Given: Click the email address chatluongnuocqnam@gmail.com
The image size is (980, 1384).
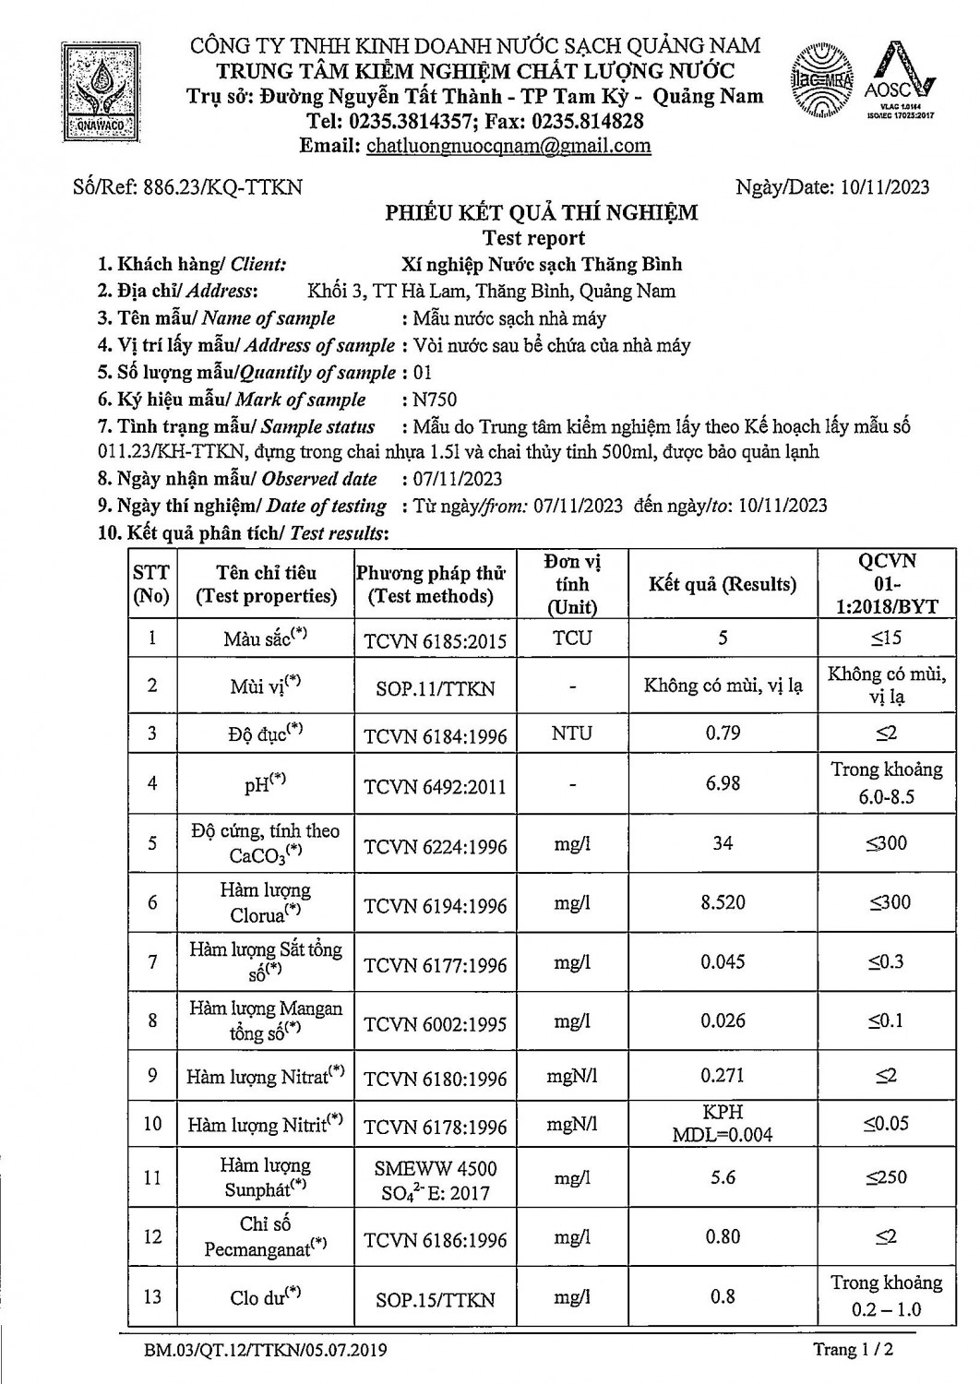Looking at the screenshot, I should [x=508, y=146].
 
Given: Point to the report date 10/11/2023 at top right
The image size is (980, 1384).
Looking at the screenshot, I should [x=886, y=187].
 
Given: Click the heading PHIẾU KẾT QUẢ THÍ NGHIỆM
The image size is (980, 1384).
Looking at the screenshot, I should [x=541, y=213].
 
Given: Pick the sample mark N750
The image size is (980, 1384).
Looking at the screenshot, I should [x=435, y=400].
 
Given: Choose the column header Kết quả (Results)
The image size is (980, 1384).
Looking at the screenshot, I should [x=722, y=584].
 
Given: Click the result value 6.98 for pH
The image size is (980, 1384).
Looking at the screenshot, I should [x=722, y=783].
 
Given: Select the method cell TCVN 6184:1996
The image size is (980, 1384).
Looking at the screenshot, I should [x=436, y=734].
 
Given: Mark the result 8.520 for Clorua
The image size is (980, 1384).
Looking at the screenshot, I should [x=722, y=902].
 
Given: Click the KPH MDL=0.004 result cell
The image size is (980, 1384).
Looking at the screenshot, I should [x=722, y=1123].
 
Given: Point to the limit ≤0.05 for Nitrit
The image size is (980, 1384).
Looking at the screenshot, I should [x=886, y=1123].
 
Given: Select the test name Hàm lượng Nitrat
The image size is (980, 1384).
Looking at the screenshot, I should [x=265, y=1076].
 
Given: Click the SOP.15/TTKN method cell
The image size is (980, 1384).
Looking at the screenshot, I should [x=436, y=1299].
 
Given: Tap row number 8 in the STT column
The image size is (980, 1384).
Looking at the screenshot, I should [x=152, y=1020].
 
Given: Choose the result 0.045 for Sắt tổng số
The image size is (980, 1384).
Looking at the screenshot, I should [x=722, y=962].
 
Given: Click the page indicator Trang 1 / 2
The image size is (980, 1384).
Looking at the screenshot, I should [x=853, y=1350].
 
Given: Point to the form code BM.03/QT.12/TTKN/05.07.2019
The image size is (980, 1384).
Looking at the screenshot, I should [x=265, y=1351].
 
